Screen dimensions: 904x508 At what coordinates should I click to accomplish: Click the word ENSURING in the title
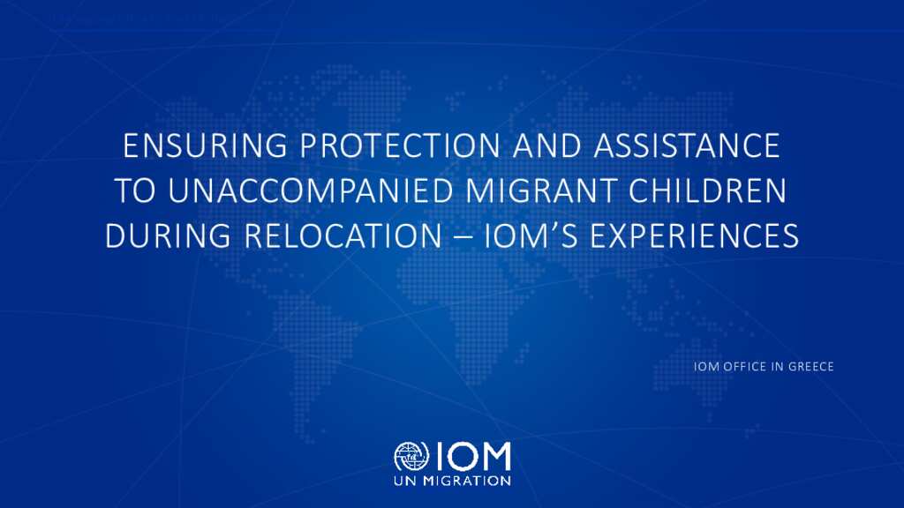[205, 146]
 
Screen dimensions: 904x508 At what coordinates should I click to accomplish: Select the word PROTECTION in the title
[400, 146]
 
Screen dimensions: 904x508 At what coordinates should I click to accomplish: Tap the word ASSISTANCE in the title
[687, 146]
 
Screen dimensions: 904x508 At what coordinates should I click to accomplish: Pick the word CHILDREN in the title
[707, 190]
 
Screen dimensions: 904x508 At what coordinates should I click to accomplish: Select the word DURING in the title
[168, 235]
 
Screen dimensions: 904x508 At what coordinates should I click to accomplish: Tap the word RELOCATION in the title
[343, 235]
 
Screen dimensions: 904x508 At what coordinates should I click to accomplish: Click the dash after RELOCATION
[463, 237]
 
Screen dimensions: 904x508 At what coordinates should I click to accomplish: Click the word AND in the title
[546, 146]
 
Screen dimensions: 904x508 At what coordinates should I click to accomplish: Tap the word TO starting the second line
[135, 190]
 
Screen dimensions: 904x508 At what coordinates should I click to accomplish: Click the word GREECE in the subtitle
[811, 366]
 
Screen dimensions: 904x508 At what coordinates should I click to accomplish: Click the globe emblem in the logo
[411, 457]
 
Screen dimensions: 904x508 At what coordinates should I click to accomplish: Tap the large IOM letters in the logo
[473, 456]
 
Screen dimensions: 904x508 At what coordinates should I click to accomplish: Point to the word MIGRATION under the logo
[467, 481]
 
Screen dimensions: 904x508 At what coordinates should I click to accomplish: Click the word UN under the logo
[406, 481]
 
